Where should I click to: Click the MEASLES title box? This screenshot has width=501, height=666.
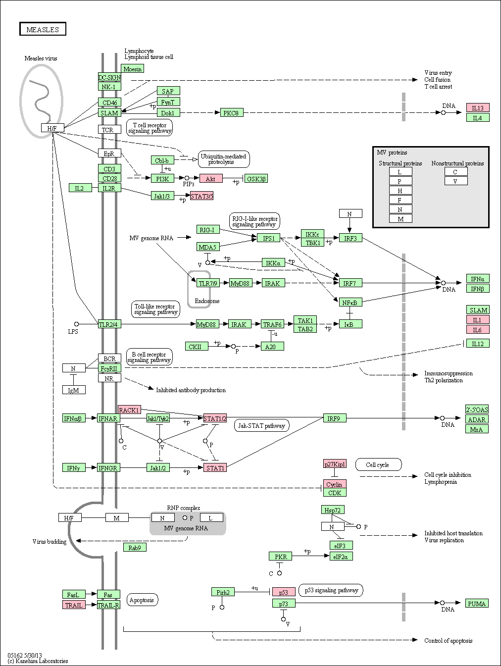pyautogui.click(x=43, y=29)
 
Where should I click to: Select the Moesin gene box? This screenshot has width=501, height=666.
pyautogui.click(x=132, y=69)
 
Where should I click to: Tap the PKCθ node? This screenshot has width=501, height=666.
pyautogui.click(x=230, y=113)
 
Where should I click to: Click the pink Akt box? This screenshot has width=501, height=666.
pyautogui.click(x=210, y=179)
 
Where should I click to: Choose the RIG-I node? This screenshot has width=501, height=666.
pyautogui.click(x=207, y=230)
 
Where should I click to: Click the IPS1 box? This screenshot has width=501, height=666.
pyautogui.click(x=268, y=238)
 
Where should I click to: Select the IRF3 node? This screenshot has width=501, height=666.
pyautogui.click(x=350, y=238)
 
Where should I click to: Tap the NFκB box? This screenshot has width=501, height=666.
pyautogui.click(x=351, y=302)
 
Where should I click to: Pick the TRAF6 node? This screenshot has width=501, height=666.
pyautogui.click(x=272, y=324)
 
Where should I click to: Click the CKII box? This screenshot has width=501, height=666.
pyautogui.click(x=195, y=347)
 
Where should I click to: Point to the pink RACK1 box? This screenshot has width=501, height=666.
pyautogui.click(x=129, y=410)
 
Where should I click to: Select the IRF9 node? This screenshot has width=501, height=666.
pyautogui.click(x=334, y=418)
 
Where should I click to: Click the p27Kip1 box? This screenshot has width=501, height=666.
pyautogui.click(x=335, y=464)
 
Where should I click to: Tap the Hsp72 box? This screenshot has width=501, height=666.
pyautogui.click(x=332, y=510)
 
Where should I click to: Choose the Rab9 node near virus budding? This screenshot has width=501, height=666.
pyautogui.click(x=135, y=548)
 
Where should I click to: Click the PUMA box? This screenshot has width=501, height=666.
pyautogui.click(x=477, y=604)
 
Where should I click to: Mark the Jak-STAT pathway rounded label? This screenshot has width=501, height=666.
pyautogui.click(x=261, y=425)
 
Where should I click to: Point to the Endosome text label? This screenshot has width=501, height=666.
pyautogui.click(x=207, y=301)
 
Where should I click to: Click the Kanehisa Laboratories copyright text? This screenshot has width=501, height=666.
pyautogui.click(x=38, y=661)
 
